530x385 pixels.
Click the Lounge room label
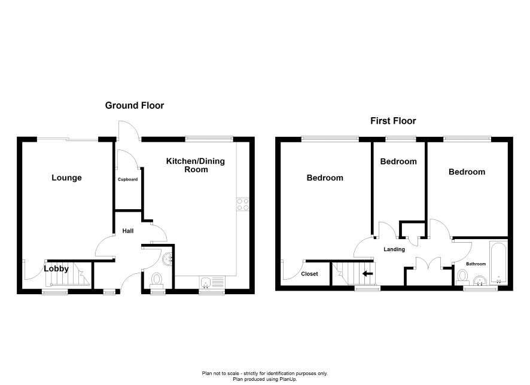[66, 178]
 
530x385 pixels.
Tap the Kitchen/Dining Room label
[196, 165]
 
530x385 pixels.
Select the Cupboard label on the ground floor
[127, 179]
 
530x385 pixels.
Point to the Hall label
[128, 231]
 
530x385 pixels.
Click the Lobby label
[56, 269]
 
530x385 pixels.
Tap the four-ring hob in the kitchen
[243, 204]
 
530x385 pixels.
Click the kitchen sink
[212, 282]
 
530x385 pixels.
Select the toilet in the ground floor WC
[157, 280]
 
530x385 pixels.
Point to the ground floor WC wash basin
[168, 259]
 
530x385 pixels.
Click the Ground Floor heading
[135, 105]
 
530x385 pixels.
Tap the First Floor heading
[393, 121]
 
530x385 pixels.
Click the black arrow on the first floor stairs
[367, 274]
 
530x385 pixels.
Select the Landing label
[394, 249]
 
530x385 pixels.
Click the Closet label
[310, 274]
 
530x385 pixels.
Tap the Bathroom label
[476, 264]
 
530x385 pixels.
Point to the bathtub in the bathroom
[498, 263]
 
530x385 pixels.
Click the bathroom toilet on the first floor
[462, 277]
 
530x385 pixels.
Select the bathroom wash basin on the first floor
[480, 280]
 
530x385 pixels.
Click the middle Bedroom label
[398, 161]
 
